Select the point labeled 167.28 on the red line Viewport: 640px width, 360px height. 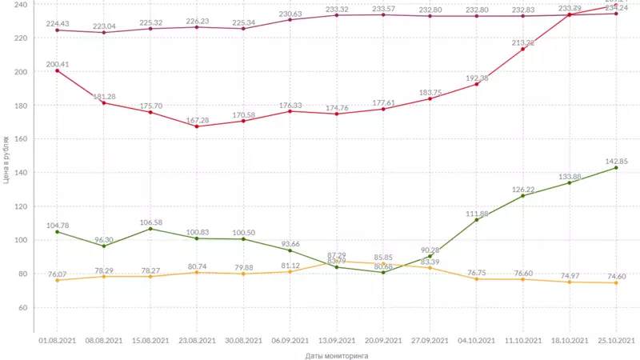(196, 126)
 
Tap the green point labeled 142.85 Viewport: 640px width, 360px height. (616, 167)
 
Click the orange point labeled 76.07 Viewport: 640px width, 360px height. (57, 280)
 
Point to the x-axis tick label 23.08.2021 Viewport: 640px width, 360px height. (196, 340)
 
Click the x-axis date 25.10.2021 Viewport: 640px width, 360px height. (616, 340)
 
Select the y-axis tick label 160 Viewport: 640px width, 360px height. (21, 139)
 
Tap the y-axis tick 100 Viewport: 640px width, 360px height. (21, 240)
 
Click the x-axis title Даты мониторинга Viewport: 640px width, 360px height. (331, 355)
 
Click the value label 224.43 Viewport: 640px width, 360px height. (56, 22)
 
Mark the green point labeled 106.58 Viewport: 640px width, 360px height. (150, 229)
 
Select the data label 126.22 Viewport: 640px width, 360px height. (522, 190)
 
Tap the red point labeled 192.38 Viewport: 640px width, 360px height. (476, 84)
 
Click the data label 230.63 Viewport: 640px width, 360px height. (290, 13)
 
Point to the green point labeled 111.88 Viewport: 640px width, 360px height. (476, 220)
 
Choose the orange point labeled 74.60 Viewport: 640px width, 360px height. (616, 282)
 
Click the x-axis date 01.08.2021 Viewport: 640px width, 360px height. (57, 340)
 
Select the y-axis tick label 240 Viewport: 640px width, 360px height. (21, 5)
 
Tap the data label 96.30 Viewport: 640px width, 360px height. (102, 239)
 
